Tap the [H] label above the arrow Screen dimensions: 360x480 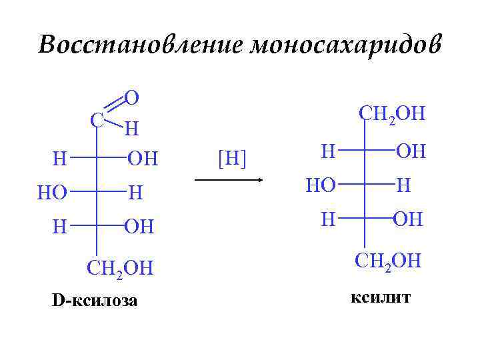click(232, 159)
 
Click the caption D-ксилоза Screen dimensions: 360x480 click(95, 301)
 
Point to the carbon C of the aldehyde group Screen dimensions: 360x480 click(97, 120)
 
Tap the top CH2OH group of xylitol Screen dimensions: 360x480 click(392, 113)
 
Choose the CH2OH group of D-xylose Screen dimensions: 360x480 click(120, 267)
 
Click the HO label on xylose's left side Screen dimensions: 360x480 click(53, 193)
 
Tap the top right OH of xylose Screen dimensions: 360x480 click(143, 159)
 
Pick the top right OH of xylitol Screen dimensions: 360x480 click(411, 152)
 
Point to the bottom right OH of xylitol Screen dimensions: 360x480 click(408, 219)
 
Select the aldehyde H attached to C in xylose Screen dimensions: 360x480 click(132, 127)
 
